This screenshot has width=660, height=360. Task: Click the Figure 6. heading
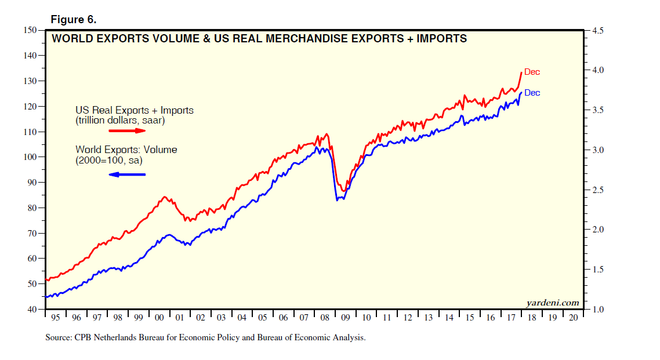(73, 20)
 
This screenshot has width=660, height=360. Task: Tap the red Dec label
(532, 72)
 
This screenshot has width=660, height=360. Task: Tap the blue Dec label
(532, 93)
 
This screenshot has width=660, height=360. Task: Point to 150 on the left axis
(30, 30)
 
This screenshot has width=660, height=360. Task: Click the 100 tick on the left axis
(30, 157)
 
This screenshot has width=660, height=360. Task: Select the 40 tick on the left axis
(31, 310)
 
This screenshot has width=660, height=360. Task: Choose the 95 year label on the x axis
(55, 318)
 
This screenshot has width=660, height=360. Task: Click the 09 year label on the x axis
(345, 318)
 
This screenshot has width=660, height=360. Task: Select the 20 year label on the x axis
(573, 318)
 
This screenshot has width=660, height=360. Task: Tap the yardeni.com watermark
(552, 303)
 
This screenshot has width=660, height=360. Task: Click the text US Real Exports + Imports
(135, 110)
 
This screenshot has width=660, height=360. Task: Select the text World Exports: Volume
(126, 150)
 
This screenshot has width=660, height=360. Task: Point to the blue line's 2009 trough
(338, 200)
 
